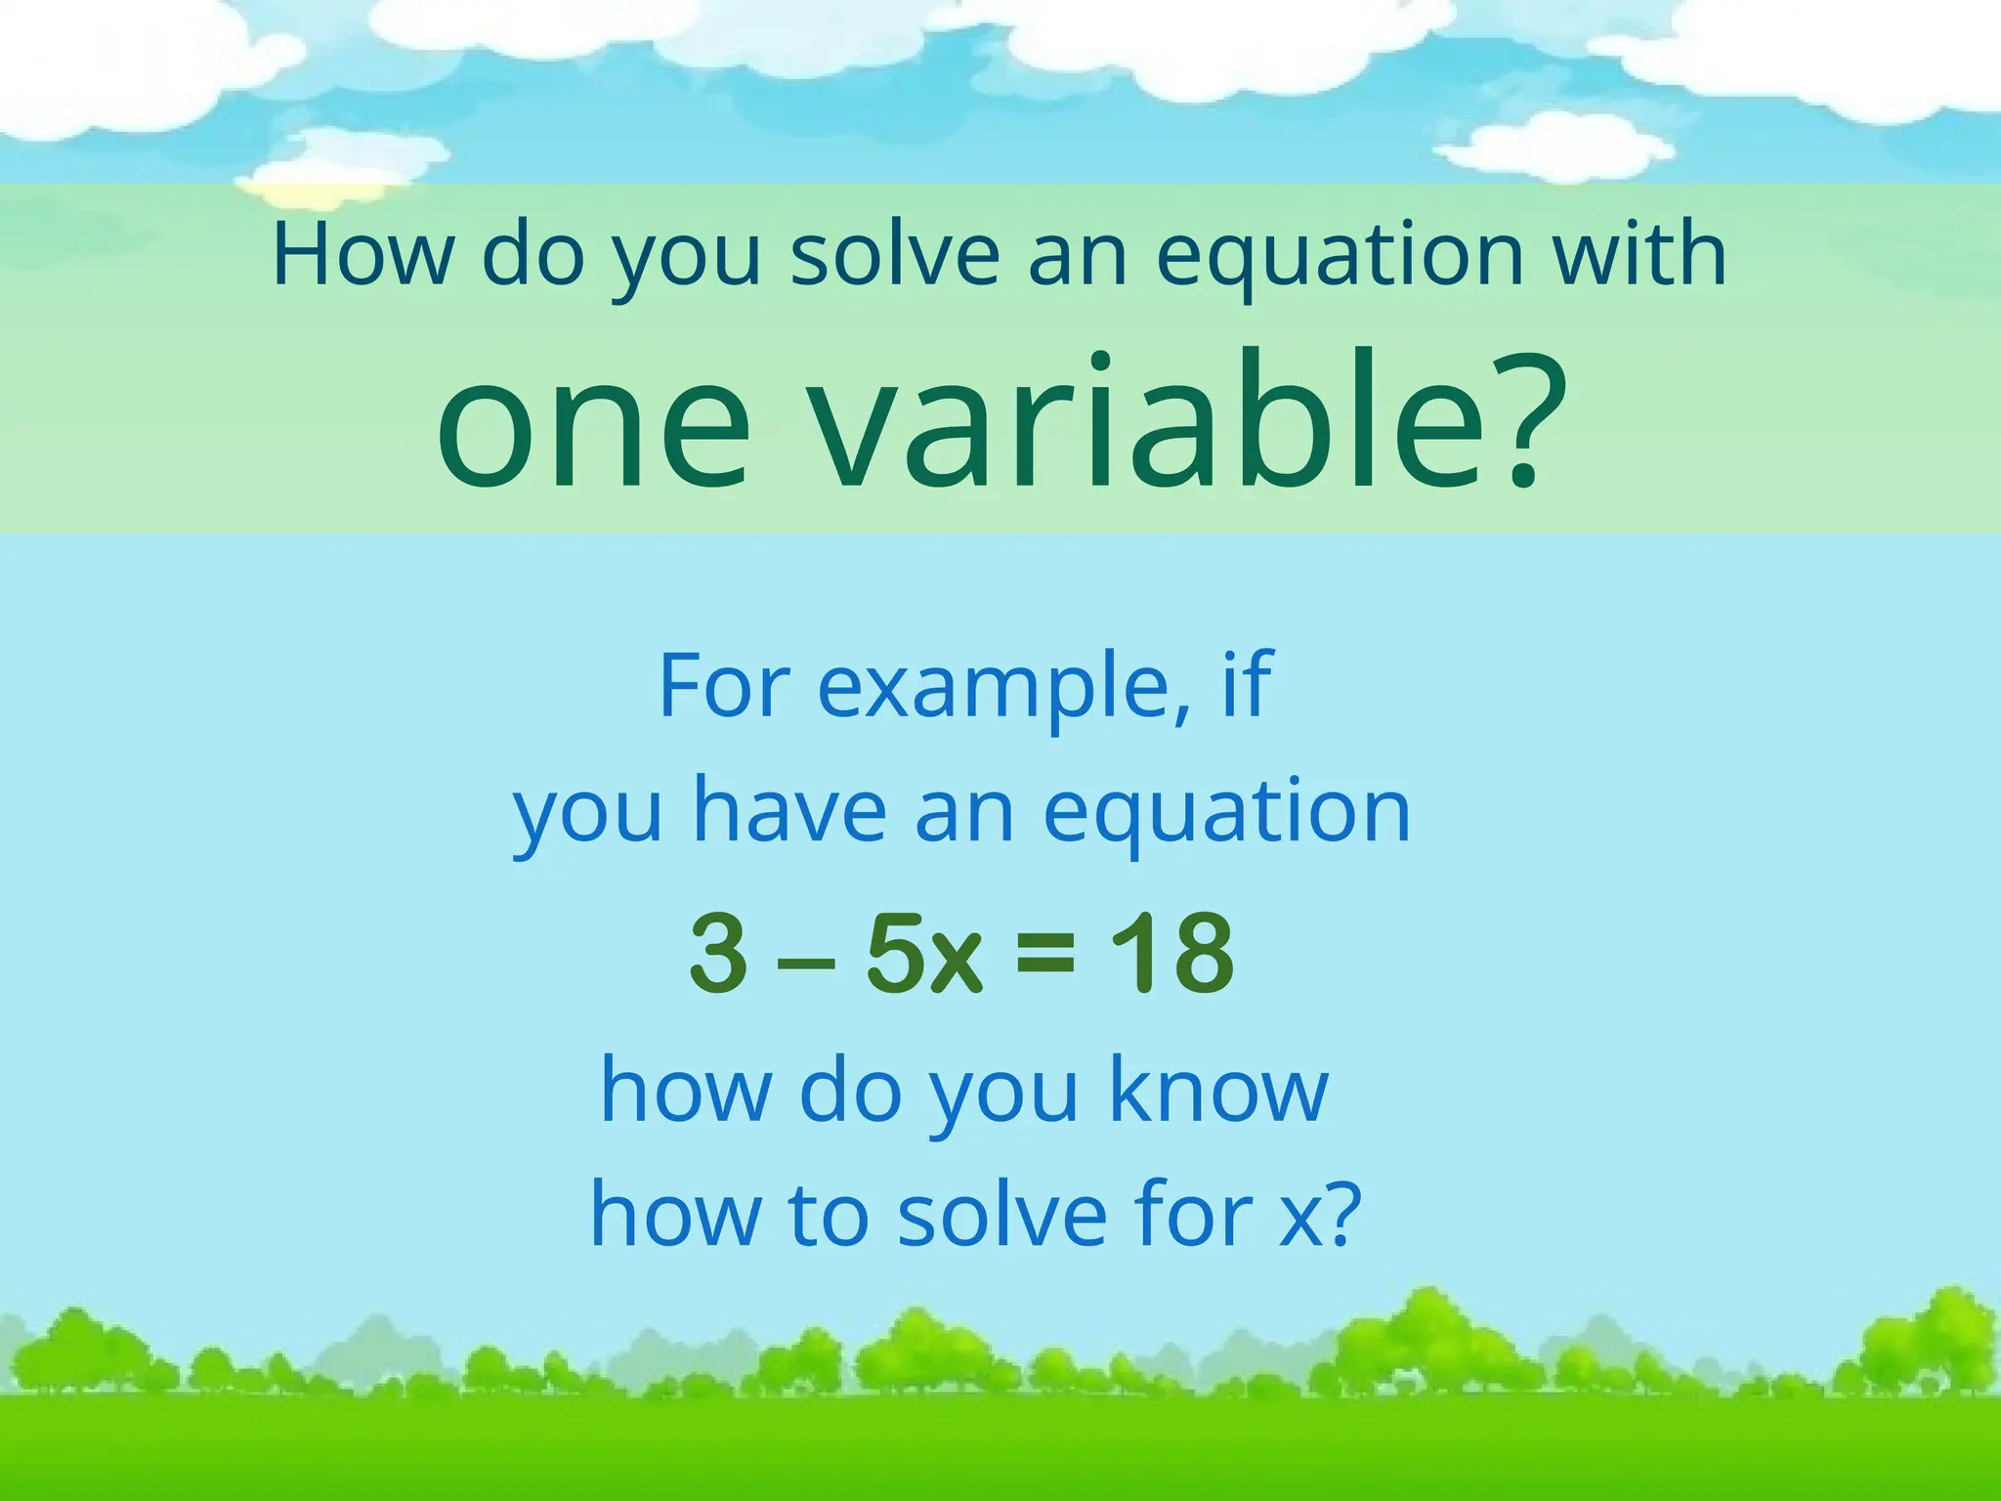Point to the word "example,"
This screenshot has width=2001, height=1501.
coord(1003,690)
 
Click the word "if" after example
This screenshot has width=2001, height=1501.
coord(1248,684)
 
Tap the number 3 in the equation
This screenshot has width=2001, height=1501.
coord(719,952)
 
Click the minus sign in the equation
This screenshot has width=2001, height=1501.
coord(806,961)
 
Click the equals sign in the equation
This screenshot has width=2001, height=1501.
coord(1045,953)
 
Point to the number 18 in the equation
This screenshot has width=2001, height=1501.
coord(1171,952)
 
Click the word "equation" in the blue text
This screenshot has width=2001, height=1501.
coord(1226,813)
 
